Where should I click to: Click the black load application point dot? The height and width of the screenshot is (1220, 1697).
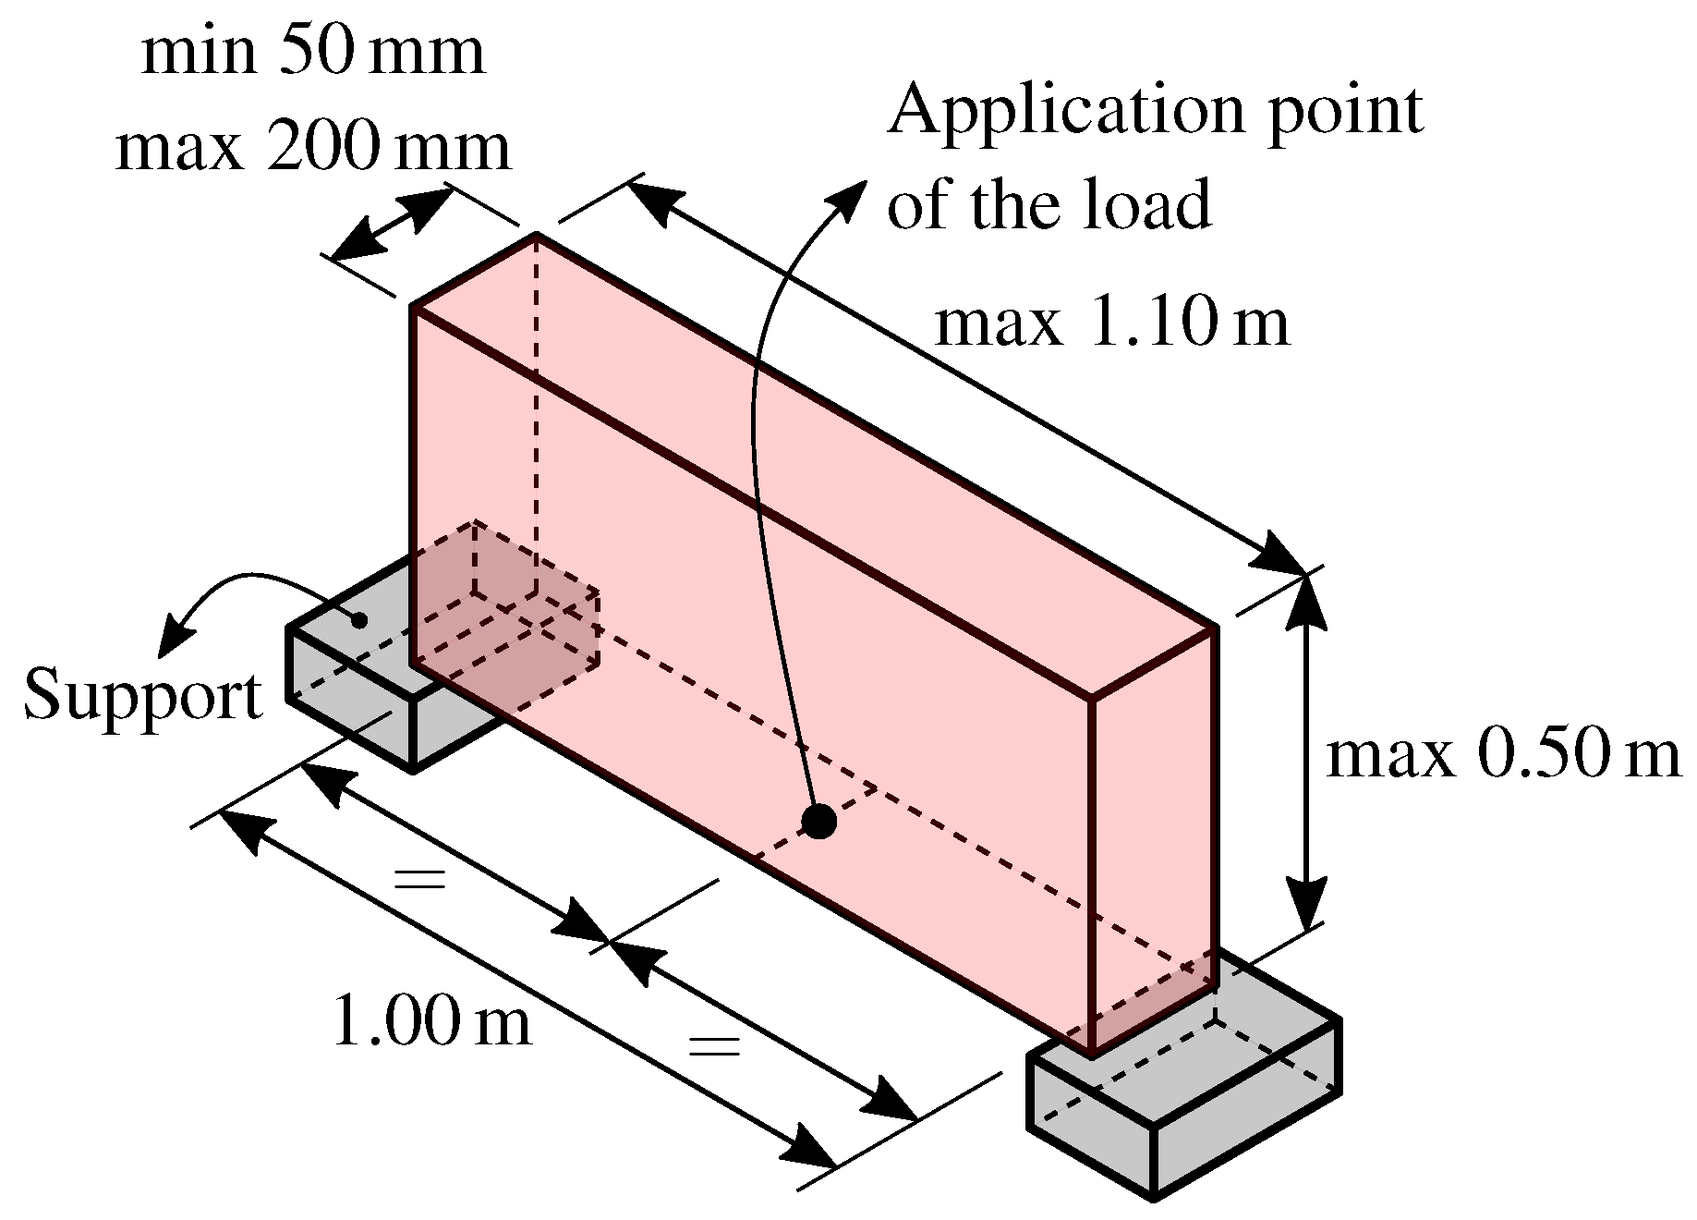[818, 820]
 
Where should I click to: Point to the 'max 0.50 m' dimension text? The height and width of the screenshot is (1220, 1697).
[1502, 754]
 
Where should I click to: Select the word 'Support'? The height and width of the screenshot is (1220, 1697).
[143, 695]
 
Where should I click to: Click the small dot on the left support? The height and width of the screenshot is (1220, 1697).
[359, 620]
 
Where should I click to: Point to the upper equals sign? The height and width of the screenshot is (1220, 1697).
[419, 878]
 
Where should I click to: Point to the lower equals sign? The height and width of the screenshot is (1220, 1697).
[715, 1046]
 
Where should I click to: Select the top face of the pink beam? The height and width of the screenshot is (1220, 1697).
[813, 462]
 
